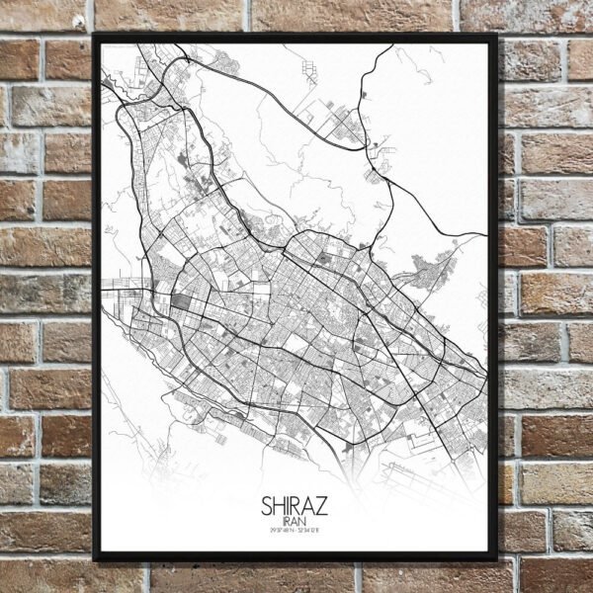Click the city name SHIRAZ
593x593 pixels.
[x=295, y=507]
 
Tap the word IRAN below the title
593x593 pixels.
[x=295, y=523]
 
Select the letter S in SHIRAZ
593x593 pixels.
[x=268, y=507]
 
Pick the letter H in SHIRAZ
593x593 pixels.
[x=280, y=507]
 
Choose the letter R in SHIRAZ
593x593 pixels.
[x=298, y=507]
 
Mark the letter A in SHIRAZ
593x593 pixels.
[x=310, y=507]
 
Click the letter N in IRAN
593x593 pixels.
[x=303, y=523]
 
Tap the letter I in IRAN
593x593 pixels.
[x=285, y=523]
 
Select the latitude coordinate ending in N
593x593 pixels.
[x=279, y=534]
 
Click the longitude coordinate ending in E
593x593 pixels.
[x=312, y=534]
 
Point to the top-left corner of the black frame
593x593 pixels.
[x=95, y=37]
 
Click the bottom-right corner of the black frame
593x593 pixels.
[x=496, y=559]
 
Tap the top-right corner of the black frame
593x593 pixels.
[x=496, y=37]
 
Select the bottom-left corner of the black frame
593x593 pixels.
[x=95, y=559]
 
